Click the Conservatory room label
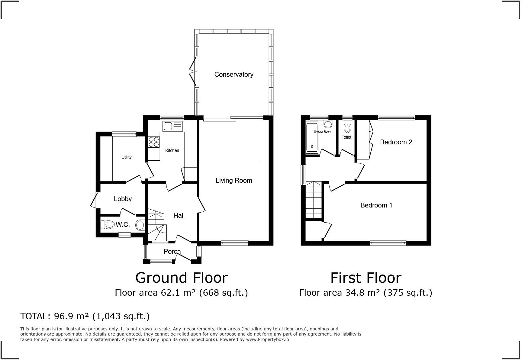pyautogui.click(x=234, y=74)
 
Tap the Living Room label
pyautogui.click(x=234, y=180)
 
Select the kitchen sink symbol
pyautogui.click(x=172, y=126)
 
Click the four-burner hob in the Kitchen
pyautogui.click(x=153, y=142)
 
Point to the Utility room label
pyautogui.click(x=126, y=157)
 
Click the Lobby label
pyautogui.click(x=123, y=199)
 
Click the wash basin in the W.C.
pyautogui.click(x=140, y=225)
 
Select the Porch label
pyautogui.click(x=172, y=251)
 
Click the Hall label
pyautogui.click(x=179, y=215)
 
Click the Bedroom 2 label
pyautogui.click(x=396, y=142)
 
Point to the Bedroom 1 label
pyautogui.click(x=376, y=205)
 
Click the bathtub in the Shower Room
pyautogui.click(x=312, y=137)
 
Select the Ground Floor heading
pyautogui.click(x=181, y=278)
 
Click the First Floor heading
pyautogui.click(x=366, y=278)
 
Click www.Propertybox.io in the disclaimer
pyautogui.click(x=267, y=339)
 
